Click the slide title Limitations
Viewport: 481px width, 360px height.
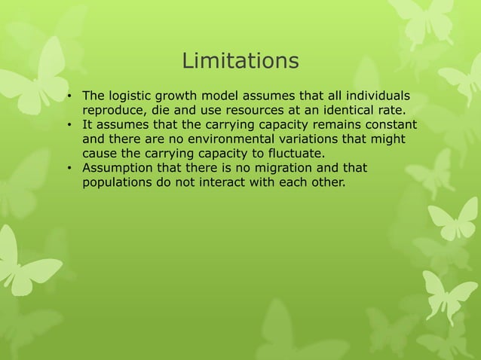[240, 60]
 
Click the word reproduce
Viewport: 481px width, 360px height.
[115, 110]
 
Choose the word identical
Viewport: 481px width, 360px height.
[347, 110]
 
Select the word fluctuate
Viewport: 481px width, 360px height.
[286, 153]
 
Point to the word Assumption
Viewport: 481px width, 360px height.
[118, 167]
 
